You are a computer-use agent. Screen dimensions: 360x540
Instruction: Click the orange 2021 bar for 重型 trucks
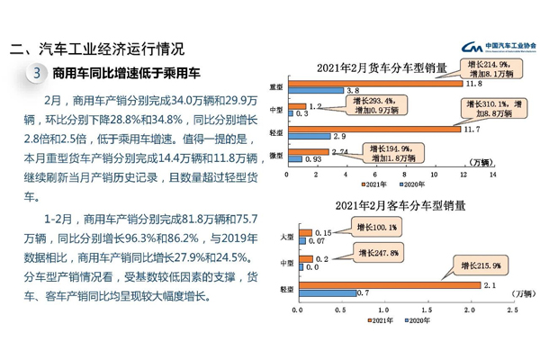coord(378,84)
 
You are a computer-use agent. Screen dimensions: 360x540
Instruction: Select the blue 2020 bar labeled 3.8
coord(315,91)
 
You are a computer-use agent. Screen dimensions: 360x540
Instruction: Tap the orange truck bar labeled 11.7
coord(377,129)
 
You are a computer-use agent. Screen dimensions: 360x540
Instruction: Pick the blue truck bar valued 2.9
coord(308,136)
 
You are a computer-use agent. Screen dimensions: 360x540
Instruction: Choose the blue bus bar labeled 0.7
coord(327,293)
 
